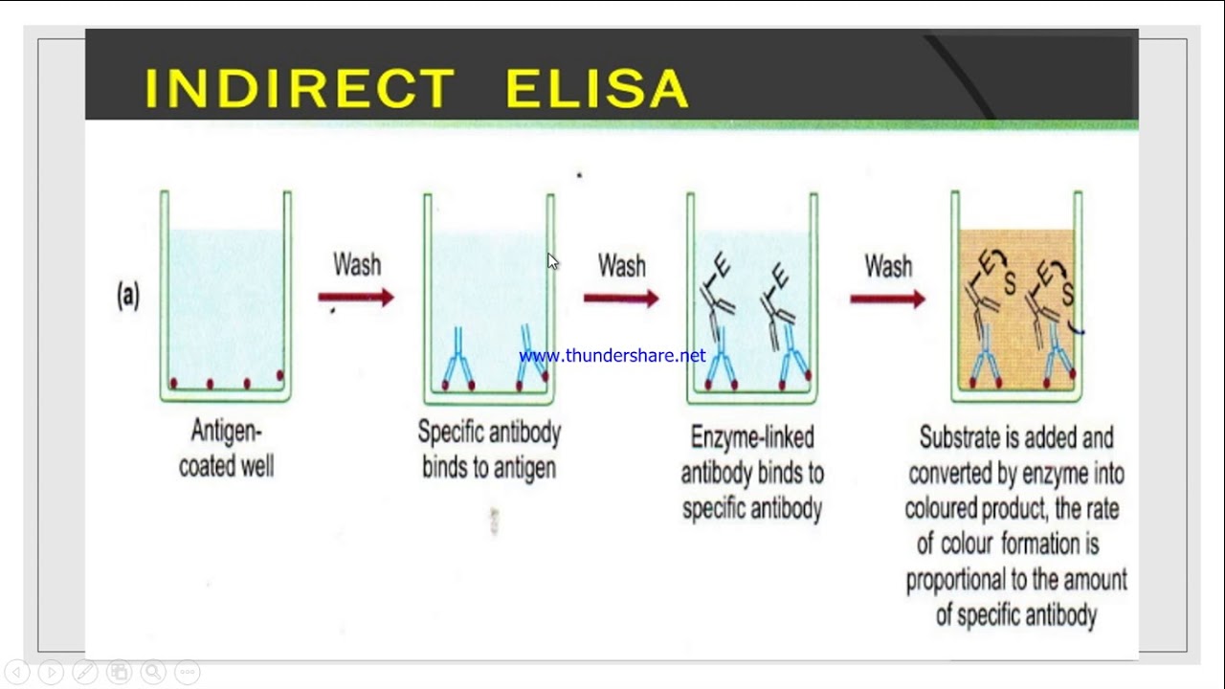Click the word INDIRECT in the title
[x=300, y=88]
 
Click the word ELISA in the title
[x=596, y=88]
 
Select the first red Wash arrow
[x=356, y=298]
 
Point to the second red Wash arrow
[x=621, y=299]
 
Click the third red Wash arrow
[x=887, y=300]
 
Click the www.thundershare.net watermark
[x=612, y=356]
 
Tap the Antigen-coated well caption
[x=227, y=449]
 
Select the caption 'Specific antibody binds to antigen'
[x=489, y=449]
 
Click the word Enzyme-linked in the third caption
[x=752, y=437]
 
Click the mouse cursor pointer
[x=552, y=260]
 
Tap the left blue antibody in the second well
[x=457, y=360]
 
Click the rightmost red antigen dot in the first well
[x=280, y=375]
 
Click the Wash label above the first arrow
[x=357, y=264]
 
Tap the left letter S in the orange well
[x=1009, y=283]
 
